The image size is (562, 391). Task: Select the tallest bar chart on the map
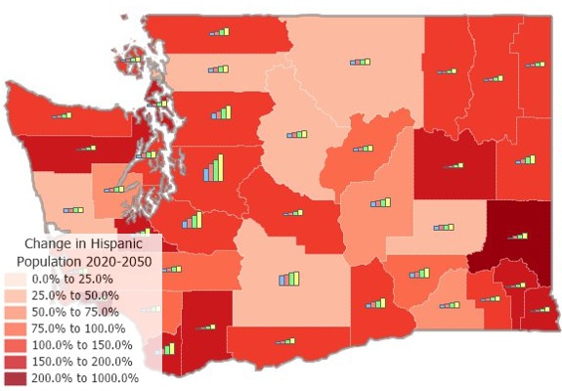pos(214,169)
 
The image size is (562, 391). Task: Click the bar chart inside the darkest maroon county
pos(517,236)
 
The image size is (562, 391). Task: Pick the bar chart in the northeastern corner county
pos(535,65)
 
